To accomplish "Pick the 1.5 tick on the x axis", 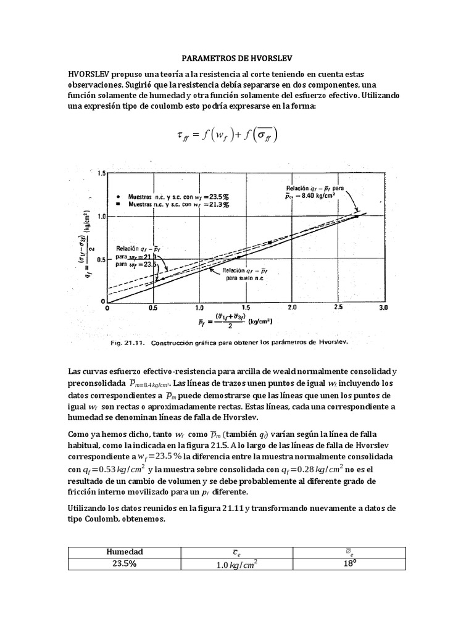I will click(x=245, y=307).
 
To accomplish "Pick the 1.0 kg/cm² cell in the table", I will click(x=236, y=564).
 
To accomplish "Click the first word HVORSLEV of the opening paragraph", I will click(x=89, y=73).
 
